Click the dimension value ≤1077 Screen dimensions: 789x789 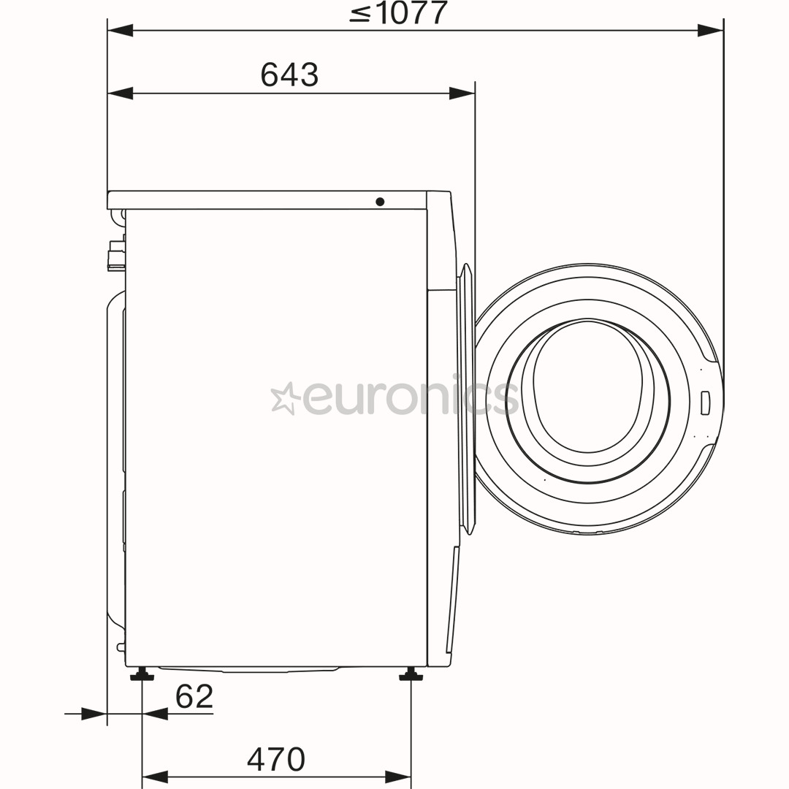click(x=398, y=12)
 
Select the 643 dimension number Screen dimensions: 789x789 click(x=289, y=75)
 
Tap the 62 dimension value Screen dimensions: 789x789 click(x=194, y=696)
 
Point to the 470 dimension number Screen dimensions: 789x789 click(x=276, y=760)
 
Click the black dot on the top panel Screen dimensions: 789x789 click(x=380, y=202)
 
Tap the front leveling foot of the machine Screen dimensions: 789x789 click(x=411, y=674)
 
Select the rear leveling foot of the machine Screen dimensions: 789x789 click(x=142, y=674)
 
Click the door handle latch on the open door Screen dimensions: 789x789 click(x=705, y=403)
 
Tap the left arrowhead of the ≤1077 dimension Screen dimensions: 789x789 click(x=121, y=31)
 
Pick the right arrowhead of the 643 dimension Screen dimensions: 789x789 click(x=462, y=94)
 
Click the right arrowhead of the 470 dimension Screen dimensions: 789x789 click(x=398, y=777)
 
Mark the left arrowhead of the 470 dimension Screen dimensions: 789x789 click(x=155, y=777)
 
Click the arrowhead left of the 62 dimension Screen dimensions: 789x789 click(x=94, y=714)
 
